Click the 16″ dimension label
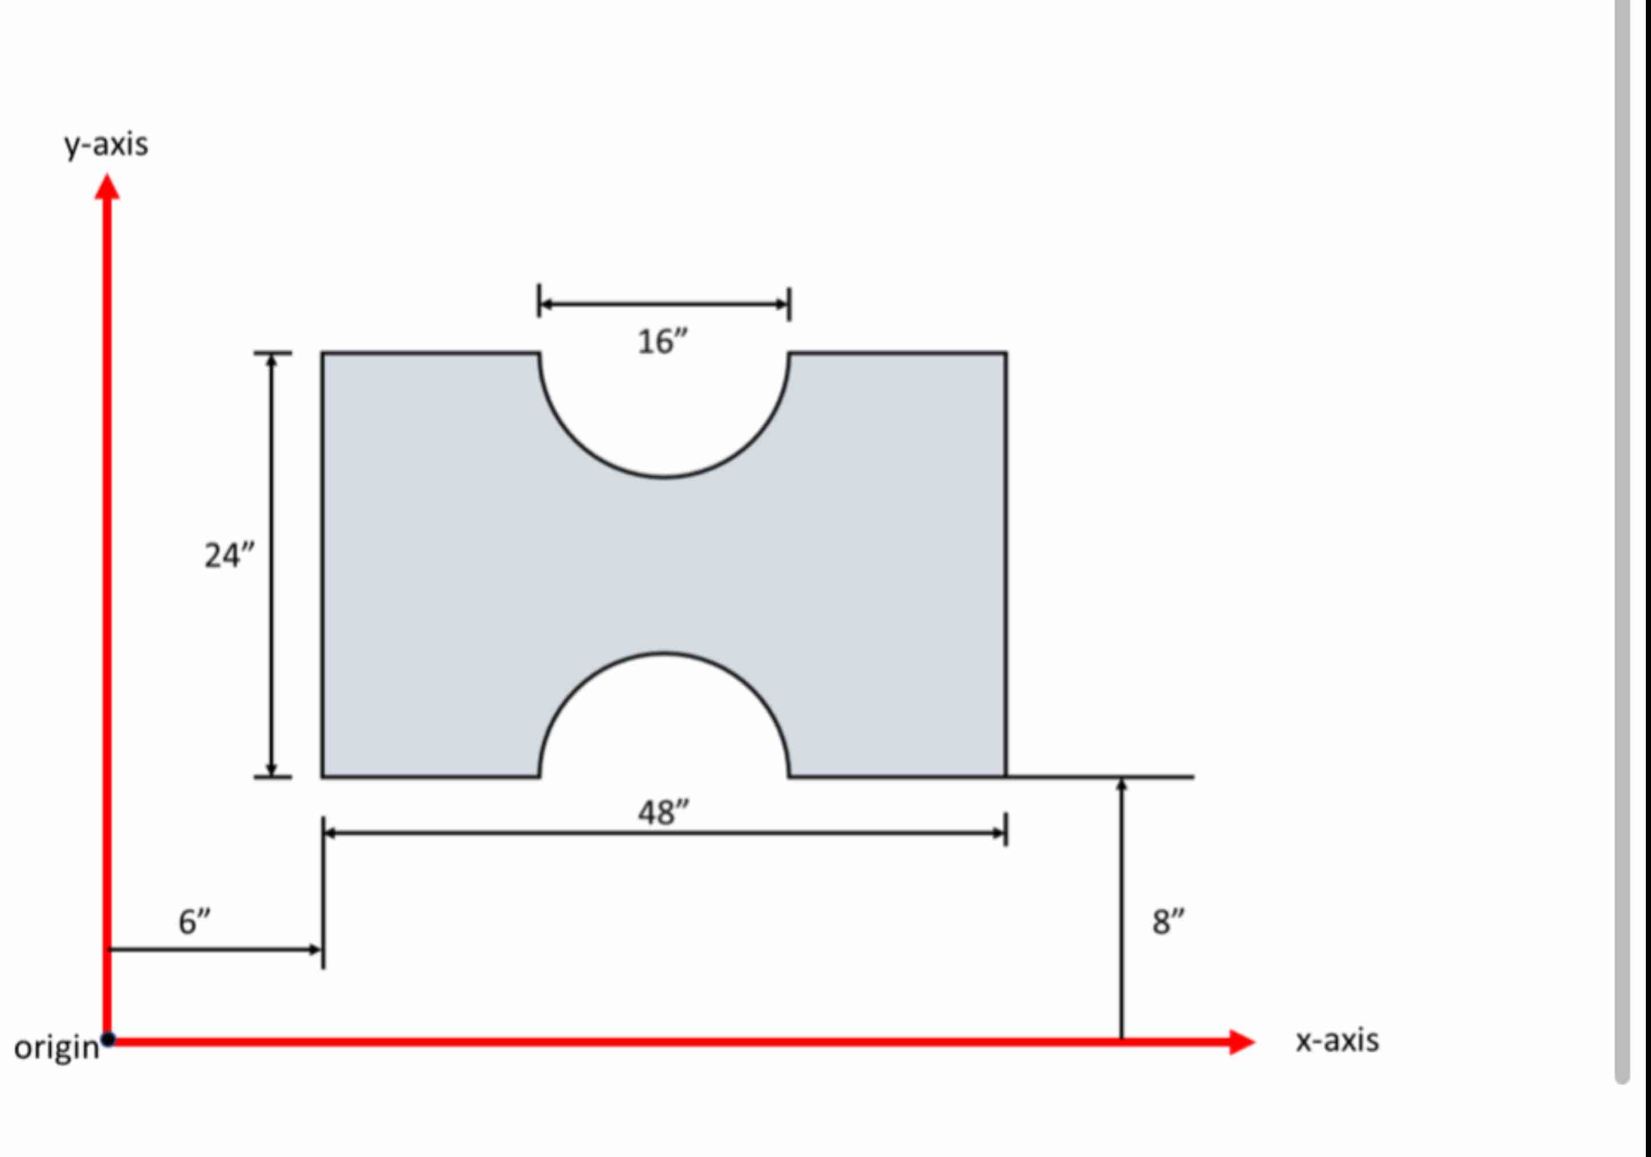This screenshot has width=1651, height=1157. pyautogui.click(x=662, y=342)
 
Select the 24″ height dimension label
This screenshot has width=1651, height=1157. pyautogui.click(x=229, y=556)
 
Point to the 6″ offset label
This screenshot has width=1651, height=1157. pyautogui.click(x=194, y=922)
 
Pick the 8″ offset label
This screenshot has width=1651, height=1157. pyautogui.click(x=1168, y=922)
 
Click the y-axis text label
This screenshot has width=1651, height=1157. pyautogui.click(x=107, y=145)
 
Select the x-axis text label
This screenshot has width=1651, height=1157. pyautogui.click(x=1337, y=1041)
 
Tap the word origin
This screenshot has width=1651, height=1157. pyautogui.click(x=56, y=1047)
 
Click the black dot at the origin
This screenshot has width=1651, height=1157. pyautogui.click(x=108, y=1039)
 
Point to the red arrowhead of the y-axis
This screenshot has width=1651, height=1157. pyautogui.click(x=107, y=187)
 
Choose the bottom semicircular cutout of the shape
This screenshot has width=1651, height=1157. pyautogui.click(x=664, y=719)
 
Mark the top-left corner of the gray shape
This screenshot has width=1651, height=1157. pyautogui.click(x=323, y=354)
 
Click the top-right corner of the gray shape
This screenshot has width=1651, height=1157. pyautogui.click(x=1006, y=354)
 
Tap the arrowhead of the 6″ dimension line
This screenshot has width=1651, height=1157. pyautogui.click(x=315, y=950)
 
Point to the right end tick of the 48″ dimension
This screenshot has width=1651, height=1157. pyautogui.click(x=1006, y=829)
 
